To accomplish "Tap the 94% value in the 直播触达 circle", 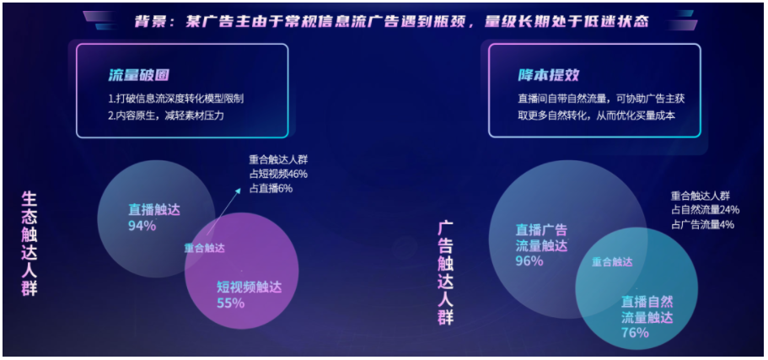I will [142, 225].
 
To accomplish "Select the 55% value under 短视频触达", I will [230, 303].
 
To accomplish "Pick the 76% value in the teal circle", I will [636, 332].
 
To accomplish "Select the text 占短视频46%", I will [278, 174].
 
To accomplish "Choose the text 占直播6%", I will [271, 188].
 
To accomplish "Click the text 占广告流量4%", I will [702, 224].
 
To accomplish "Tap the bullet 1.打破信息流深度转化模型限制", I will [181, 99].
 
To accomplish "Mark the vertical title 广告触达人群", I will [445, 273].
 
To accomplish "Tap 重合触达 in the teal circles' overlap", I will [612, 262].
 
